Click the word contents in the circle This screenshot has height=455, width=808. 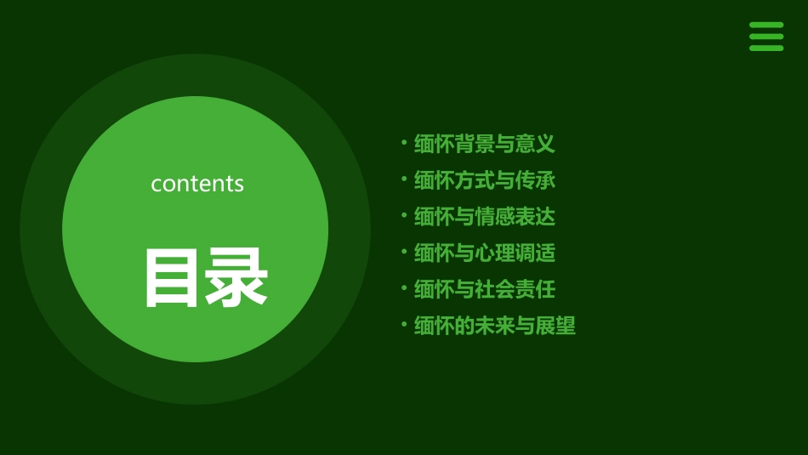tap(197, 184)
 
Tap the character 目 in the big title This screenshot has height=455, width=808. tap(173, 278)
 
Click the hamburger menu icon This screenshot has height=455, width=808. tap(765, 37)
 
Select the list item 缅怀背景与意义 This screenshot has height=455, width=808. tap(484, 145)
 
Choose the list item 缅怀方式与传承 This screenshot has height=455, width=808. tap(484, 180)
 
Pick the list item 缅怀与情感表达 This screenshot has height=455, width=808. tap(484, 217)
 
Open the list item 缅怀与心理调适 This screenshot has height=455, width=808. tap(484, 253)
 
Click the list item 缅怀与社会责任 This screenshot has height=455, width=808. tap(484, 289)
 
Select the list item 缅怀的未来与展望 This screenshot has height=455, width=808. tap(494, 326)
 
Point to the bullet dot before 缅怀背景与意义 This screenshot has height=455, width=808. tap(404, 143)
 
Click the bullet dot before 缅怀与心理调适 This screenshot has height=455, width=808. tap(404, 252)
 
